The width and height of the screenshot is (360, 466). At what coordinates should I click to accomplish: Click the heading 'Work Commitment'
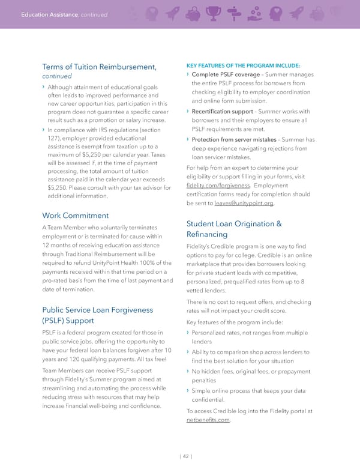click(x=76, y=215)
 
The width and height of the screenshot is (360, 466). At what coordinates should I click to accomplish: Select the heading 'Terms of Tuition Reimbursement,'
click(x=100, y=66)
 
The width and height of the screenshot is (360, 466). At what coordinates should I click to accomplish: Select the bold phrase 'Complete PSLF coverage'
click(x=226, y=74)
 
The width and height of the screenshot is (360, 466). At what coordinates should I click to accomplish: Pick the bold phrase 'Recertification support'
click(x=222, y=111)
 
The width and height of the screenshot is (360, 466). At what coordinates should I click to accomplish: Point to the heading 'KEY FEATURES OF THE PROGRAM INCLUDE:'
click(x=244, y=65)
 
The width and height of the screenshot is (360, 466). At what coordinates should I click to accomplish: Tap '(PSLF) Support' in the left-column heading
click(x=71, y=321)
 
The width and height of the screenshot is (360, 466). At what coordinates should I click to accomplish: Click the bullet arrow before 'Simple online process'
click(x=188, y=391)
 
